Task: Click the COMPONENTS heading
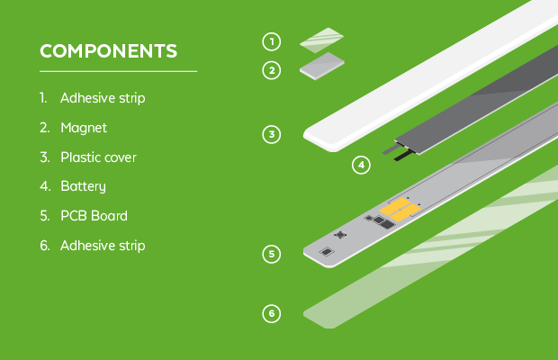coord(108,51)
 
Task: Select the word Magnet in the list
coord(84,128)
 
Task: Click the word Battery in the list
coord(84,186)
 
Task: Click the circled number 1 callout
coord(272,41)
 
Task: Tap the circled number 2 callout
coord(272,70)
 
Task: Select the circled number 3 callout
coord(272,134)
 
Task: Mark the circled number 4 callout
coord(361,165)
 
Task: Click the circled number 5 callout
coord(272,254)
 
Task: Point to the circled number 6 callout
coord(272,314)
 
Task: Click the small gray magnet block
coord(322,67)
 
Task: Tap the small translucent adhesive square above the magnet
coord(321,40)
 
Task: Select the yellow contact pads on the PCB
coord(400,210)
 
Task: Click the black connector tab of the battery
coord(404,156)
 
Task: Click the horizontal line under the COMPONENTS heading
coord(118,71)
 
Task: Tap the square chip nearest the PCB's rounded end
coord(327,252)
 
